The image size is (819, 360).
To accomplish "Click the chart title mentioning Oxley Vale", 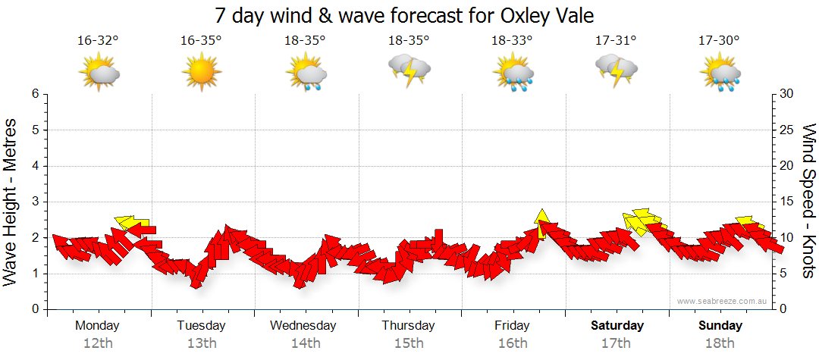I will [x=403, y=15].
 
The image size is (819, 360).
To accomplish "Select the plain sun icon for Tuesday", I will [x=201, y=72].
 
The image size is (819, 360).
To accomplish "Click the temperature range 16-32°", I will [x=98, y=40].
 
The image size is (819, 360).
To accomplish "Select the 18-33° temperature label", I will [x=512, y=40].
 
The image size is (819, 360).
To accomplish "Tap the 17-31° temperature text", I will [x=616, y=40].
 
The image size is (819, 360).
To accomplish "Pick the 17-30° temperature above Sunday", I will [x=719, y=40].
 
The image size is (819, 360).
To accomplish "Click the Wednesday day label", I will [x=303, y=326].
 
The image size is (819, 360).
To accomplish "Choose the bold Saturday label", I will [x=617, y=326].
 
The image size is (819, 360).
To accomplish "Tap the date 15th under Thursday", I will [x=409, y=343].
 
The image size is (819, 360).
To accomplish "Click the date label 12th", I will [x=98, y=343].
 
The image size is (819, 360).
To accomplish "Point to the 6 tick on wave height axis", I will [x=34, y=94].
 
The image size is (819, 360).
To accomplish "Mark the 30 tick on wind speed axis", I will [x=786, y=94].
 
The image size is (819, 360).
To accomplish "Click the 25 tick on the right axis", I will [x=786, y=130].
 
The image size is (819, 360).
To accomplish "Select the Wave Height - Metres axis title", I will [x=11, y=202].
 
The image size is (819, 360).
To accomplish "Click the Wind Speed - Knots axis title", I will [x=807, y=202].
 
